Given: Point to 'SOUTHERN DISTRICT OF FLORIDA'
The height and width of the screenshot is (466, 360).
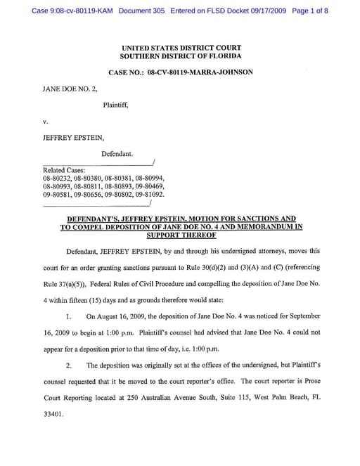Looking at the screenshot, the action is (181, 56).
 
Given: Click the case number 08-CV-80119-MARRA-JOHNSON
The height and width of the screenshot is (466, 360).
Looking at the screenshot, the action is (200, 72).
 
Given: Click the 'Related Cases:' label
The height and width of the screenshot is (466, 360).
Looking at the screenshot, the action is (64, 170).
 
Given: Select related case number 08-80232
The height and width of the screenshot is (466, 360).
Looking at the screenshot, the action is (56, 179).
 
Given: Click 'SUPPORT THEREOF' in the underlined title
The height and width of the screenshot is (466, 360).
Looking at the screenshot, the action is (180, 235).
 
